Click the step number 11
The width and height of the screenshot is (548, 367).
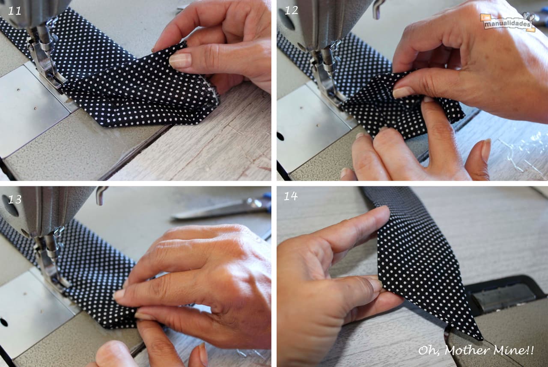15,11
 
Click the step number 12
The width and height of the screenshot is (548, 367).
292,11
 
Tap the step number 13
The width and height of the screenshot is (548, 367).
15,200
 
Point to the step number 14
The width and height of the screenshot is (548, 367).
291,196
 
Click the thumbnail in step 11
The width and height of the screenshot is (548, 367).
180,60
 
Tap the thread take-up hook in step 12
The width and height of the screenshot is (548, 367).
377,9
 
